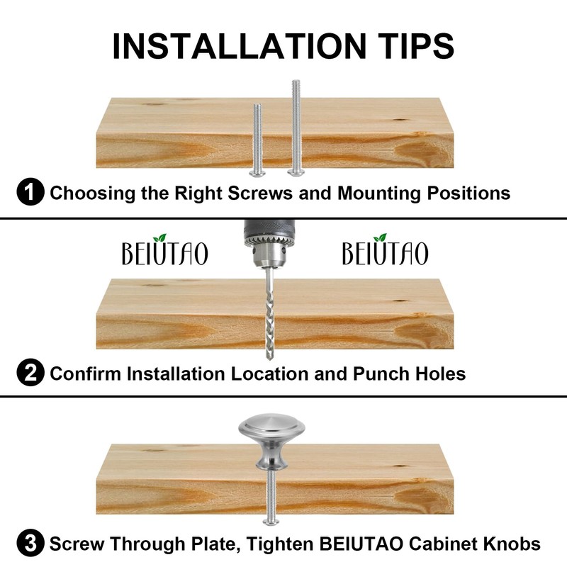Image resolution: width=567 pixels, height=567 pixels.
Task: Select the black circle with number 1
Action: [30, 192]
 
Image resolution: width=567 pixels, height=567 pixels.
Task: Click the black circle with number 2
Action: [30, 373]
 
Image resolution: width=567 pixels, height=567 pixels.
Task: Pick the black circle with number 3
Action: [30, 543]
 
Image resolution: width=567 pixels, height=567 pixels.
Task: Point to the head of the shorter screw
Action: [257, 174]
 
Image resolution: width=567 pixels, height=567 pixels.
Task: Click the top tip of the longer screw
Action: [296, 81]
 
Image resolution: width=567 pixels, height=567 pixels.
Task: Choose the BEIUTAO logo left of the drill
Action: [165, 250]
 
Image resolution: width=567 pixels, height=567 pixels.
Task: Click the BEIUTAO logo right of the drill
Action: [386, 250]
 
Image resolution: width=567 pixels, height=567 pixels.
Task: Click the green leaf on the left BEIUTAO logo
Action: [159, 237]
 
